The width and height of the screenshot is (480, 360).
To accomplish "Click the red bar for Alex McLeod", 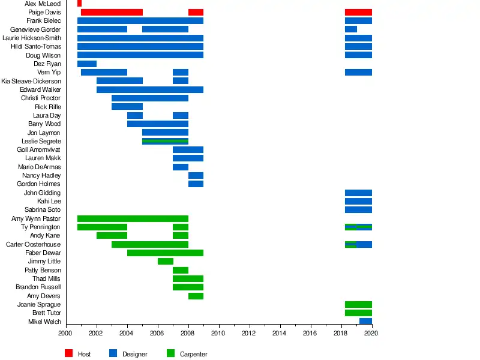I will coord(79,4).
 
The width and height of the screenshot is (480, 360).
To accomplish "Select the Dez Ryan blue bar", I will coord(87,64).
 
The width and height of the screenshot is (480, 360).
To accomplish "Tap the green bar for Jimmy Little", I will coord(166,262).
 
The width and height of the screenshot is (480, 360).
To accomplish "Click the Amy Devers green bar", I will coord(196,296).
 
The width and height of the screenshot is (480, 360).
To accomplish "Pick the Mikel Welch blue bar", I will coord(365,322).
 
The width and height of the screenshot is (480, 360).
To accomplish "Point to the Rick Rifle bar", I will coord(127,107).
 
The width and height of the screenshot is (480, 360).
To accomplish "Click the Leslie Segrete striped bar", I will coord(166,142).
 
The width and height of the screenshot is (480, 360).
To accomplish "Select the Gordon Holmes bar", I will coord(196,184).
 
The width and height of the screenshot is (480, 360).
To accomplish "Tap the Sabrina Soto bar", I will coord(358,210).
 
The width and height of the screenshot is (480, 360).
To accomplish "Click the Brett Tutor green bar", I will coord(358,313).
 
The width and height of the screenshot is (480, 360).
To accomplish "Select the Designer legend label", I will coord(134,355).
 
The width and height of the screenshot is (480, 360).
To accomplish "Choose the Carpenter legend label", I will coord(194,355).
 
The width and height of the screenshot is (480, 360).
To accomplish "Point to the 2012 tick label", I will coord(249,334).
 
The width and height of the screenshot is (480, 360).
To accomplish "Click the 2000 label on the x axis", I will coord(65,334).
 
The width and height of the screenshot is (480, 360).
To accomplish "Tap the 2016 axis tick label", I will coord(311,334).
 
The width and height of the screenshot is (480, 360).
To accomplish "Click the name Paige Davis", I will coord(44,12).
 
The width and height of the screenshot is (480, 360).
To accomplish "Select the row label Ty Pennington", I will coord(41,227).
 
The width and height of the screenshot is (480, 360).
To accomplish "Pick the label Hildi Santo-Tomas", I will coord(36,47).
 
